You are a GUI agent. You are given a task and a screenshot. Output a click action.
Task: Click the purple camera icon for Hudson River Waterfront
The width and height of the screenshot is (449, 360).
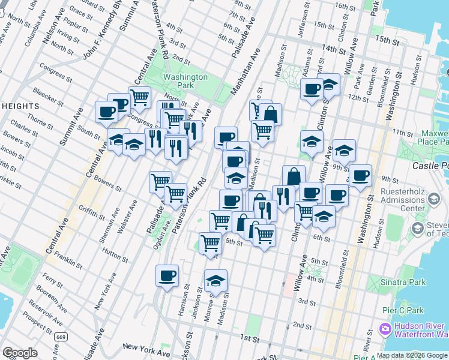pos(385,329)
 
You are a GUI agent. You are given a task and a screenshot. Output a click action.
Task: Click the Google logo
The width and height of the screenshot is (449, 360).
pos(19,353)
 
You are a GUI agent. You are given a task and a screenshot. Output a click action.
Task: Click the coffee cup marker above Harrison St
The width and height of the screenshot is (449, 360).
pos(167,275)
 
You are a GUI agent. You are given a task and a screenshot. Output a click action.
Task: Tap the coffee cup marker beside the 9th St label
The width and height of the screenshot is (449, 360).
pos(361,175)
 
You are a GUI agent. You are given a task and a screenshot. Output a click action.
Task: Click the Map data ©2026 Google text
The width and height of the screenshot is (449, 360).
pos(412,355)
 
